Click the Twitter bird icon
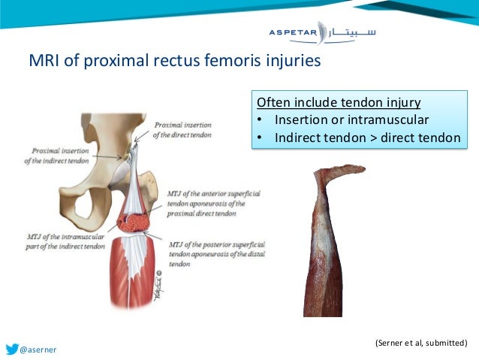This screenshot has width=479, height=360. coord(13,349)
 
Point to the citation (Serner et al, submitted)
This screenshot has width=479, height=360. coord(420,343)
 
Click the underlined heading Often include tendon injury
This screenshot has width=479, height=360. coord(339,103)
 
